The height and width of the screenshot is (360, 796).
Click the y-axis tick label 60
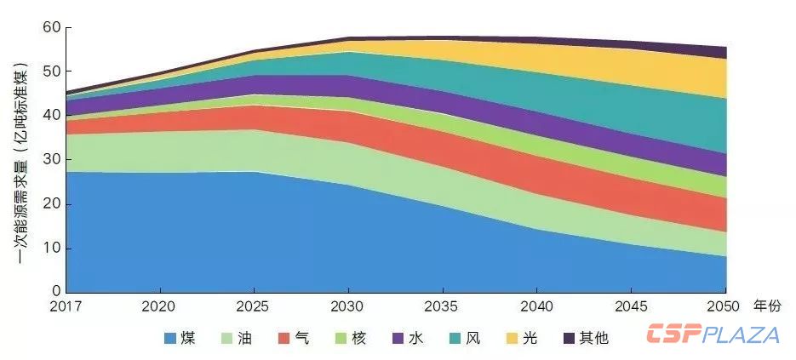[x=51, y=27]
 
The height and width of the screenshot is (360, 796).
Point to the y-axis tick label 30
[x=51, y=159]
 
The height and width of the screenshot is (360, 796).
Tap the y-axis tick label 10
[x=51, y=249]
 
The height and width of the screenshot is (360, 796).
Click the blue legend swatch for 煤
[x=170, y=338]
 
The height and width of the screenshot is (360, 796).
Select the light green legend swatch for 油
[x=227, y=338]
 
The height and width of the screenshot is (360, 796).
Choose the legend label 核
[x=358, y=338]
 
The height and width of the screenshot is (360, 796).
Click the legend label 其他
[x=594, y=338]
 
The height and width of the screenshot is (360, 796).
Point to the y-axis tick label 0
[x=56, y=291]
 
